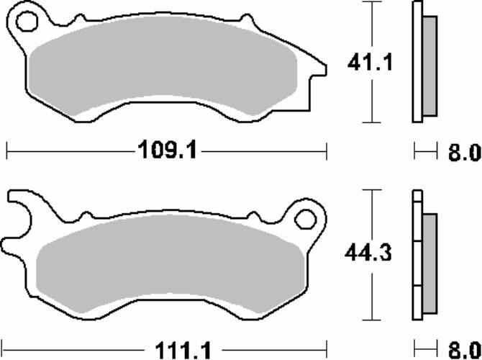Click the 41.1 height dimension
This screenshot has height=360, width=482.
click(370, 63)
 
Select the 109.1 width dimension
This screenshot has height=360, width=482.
click(167, 150)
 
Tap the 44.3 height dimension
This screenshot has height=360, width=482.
click(368, 253)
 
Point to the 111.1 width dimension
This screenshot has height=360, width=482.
click(183, 351)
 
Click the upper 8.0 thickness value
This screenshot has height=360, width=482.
click(464, 153)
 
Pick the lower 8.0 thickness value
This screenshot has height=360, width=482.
click(464, 350)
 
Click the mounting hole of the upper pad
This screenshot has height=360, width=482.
click(27, 21)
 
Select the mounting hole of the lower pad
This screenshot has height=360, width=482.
click(305, 219)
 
